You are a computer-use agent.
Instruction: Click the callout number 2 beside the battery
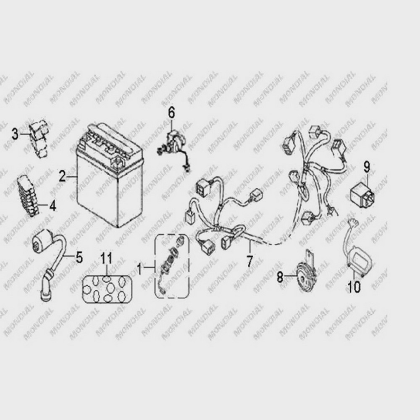point(62,177)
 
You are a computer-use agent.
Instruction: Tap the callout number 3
point(15,134)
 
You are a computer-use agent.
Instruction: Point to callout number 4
point(53,206)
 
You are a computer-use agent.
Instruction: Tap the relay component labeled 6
point(174,149)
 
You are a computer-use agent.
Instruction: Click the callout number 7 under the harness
point(249,261)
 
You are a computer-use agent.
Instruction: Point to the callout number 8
point(280,277)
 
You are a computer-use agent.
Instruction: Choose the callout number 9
point(367,167)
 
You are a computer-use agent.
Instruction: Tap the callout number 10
point(354,287)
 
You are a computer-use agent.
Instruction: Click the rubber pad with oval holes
point(107,289)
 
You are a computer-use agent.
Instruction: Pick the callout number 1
point(139,268)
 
